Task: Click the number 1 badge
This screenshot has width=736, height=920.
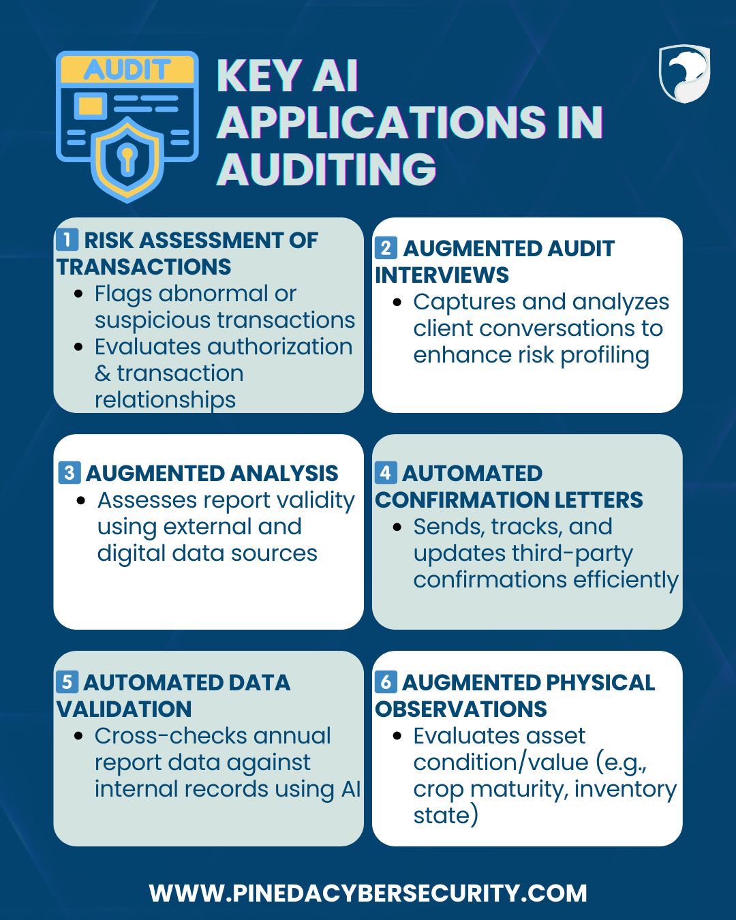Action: tap(67, 240)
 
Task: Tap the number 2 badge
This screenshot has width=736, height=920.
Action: tap(386, 248)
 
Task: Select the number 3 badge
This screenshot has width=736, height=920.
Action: tap(70, 473)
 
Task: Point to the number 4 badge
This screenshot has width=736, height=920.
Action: tap(386, 473)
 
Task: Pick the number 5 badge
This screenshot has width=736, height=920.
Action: tap(67, 682)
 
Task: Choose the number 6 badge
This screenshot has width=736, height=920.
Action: tap(386, 682)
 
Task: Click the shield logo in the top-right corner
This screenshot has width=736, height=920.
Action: tap(684, 74)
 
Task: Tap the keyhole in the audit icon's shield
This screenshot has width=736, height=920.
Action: tap(127, 159)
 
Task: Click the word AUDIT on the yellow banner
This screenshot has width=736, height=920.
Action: tap(127, 70)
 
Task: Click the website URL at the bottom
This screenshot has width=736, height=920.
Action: tap(368, 893)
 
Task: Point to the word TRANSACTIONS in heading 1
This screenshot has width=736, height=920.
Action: tap(144, 266)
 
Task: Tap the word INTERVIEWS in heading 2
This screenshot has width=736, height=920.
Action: tap(442, 275)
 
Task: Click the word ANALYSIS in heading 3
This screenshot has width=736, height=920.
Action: tap(284, 473)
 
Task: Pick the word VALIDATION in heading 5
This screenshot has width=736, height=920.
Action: tap(124, 709)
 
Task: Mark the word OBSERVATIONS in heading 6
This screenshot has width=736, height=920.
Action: tap(461, 709)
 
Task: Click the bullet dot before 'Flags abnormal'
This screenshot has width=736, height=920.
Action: tap(78, 294)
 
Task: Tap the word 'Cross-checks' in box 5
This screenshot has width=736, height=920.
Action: tap(170, 736)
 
